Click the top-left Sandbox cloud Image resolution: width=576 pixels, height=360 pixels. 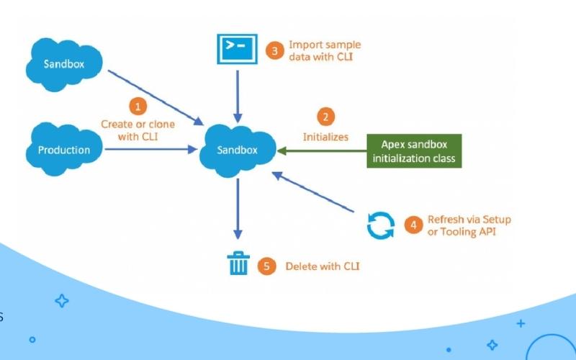pos(64,64)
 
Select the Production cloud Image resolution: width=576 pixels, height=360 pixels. pos(64,150)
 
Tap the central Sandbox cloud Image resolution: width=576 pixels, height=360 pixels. pos(237,150)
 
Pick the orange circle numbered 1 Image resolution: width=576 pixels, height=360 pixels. pos(138,107)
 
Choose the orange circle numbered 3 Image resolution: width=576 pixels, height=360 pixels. pos(274,50)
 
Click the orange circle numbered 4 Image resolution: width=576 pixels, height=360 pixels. pos(413,225)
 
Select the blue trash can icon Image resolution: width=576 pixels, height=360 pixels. pos(238,265)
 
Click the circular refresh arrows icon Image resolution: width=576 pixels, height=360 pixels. pos(380,225)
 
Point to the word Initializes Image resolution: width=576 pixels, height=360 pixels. pos(325,137)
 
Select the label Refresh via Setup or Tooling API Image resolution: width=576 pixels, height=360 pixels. pos(469,225)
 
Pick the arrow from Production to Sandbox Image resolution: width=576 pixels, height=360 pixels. pos(151,150)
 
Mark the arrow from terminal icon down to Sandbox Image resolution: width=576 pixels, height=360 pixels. pos(237,90)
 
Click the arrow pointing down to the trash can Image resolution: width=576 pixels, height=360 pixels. pos(238,209)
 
